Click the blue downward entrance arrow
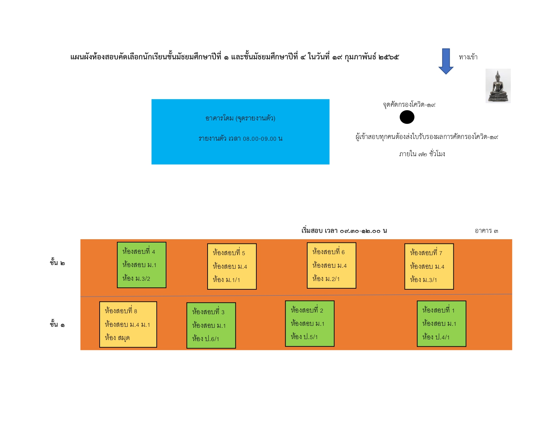pyautogui.click(x=446, y=61)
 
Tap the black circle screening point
pyautogui.click(x=407, y=117)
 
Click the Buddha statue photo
pyautogui.click(x=498, y=86)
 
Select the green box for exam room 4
pyautogui.click(x=141, y=265)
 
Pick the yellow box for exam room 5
pyautogui.click(x=232, y=266)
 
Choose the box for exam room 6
pyautogui.click(x=331, y=265)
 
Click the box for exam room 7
pyautogui.click(x=429, y=266)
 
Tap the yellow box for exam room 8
pyautogui.click(x=128, y=324)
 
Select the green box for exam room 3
pyautogui.click(x=211, y=325)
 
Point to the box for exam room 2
pyautogui.click(x=310, y=323)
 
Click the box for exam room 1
pyautogui.click(x=441, y=323)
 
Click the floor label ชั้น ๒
pyautogui.click(x=57, y=262)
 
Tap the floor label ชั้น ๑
pyautogui.click(x=57, y=324)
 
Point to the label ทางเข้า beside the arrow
pyautogui.click(x=468, y=57)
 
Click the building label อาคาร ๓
pyautogui.click(x=486, y=231)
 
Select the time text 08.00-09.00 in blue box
pyautogui.click(x=259, y=139)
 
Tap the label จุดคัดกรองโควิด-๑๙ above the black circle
pyautogui.click(x=409, y=104)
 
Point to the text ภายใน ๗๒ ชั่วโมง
pyautogui.click(x=422, y=154)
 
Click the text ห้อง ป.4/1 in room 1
pyautogui.click(x=436, y=337)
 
